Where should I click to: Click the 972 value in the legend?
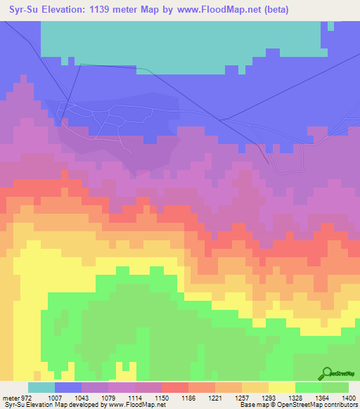pos(22,398)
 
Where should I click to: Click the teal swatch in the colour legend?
pos(41,387)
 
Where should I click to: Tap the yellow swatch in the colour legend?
pos(281,387)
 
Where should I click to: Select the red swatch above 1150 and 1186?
pos(174,387)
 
